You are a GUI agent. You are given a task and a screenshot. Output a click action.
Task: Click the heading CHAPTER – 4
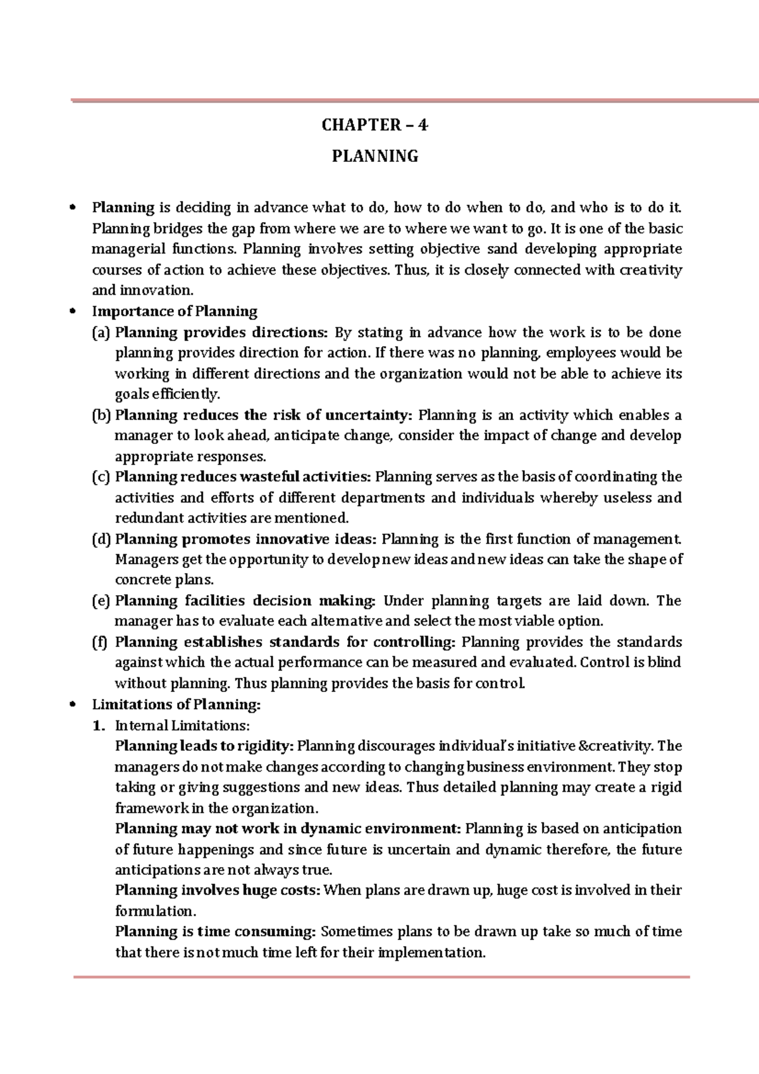click(x=374, y=125)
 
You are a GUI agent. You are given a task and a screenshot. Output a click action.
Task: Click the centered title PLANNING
click(x=375, y=156)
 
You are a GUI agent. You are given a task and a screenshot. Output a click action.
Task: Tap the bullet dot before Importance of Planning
click(x=75, y=311)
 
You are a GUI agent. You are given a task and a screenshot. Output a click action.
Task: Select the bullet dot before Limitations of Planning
click(x=75, y=705)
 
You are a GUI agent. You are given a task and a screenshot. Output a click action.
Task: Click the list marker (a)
click(x=101, y=333)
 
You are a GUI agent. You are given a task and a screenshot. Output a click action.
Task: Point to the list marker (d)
click(x=101, y=540)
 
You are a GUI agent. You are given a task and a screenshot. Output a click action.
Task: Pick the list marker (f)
click(x=101, y=643)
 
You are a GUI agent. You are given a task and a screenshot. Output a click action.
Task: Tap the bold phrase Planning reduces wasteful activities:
click(x=243, y=477)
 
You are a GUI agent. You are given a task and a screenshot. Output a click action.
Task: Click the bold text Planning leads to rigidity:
click(x=204, y=746)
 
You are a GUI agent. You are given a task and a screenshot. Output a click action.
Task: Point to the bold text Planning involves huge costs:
click(x=218, y=891)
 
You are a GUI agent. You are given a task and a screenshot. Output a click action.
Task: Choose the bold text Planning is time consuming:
click(x=215, y=932)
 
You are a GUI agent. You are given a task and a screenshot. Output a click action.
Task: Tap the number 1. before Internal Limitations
click(x=98, y=725)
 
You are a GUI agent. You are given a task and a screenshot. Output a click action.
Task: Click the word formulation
click(x=156, y=911)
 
